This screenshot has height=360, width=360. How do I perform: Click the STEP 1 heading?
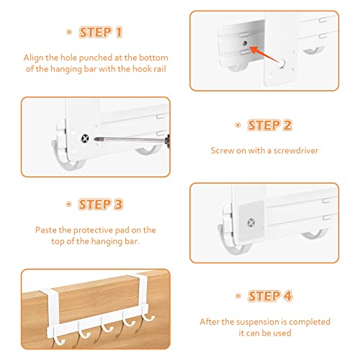(x=101, y=32)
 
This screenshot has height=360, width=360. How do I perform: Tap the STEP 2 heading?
(x=270, y=125)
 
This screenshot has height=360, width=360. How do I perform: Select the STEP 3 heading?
(x=101, y=204)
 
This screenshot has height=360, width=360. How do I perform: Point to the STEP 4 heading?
(x=270, y=296)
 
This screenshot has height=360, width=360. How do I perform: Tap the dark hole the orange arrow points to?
(x=245, y=43)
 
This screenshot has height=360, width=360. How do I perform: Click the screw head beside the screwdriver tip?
(x=85, y=138)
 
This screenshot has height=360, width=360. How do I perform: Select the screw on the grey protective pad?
(x=251, y=222)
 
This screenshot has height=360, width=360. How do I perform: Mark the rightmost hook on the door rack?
(x=148, y=315)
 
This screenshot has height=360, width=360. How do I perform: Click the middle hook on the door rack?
(x=107, y=326)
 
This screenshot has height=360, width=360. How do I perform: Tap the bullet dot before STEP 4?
(x=238, y=296)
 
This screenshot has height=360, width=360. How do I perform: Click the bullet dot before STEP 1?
(x=69, y=32)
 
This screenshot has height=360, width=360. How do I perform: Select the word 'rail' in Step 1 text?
(x=160, y=69)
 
